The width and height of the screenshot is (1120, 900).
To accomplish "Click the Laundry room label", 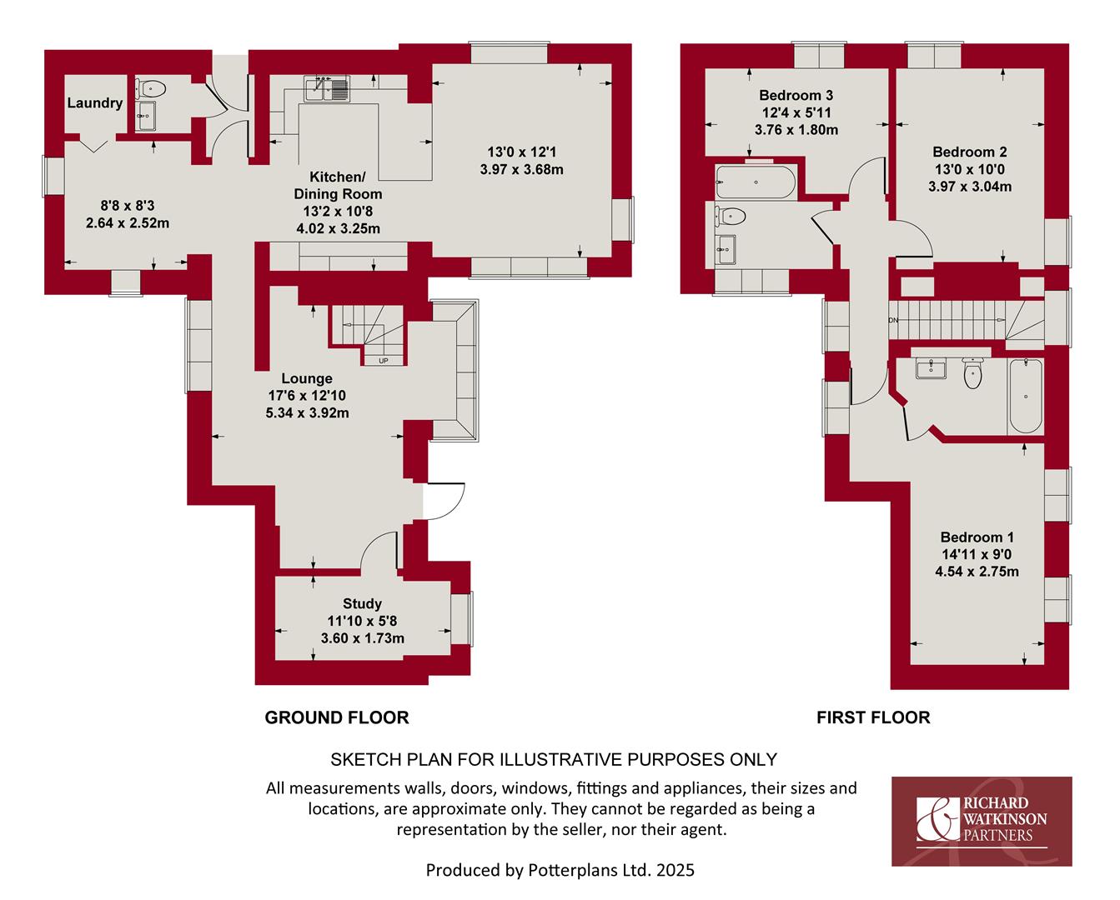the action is click(x=95, y=102).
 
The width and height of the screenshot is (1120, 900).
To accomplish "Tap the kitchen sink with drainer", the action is click(x=328, y=88).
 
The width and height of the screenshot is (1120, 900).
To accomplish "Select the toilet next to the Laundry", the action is click(x=150, y=88).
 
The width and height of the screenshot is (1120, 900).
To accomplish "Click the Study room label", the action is click(x=362, y=603).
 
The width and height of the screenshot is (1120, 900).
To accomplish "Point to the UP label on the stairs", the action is click(x=384, y=361).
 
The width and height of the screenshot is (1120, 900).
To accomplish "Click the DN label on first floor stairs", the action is click(x=893, y=320).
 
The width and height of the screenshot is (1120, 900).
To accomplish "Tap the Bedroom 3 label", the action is click(x=796, y=95).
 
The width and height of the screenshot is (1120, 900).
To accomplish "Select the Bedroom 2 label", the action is click(x=970, y=152).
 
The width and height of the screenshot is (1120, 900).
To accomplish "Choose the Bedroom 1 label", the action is click(x=977, y=537).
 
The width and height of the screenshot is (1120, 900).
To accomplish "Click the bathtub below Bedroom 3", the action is click(x=756, y=182).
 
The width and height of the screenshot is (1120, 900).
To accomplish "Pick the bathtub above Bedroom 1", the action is click(x=1025, y=396).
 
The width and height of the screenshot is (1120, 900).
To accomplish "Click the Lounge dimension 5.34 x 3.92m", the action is click(x=307, y=412).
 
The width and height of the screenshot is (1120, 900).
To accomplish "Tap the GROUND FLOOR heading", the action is click(x=337, y=717).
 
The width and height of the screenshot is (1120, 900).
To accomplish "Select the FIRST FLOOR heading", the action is click(x=873, y=717).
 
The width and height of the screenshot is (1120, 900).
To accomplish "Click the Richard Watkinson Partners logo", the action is click(x=982, y=822).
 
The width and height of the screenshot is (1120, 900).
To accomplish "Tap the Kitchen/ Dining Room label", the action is click(x=338, y=185).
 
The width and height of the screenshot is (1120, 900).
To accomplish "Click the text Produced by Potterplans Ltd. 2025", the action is click(x=560, y=870).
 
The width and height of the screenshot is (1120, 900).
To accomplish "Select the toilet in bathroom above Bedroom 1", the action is click(x=972, y=373).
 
